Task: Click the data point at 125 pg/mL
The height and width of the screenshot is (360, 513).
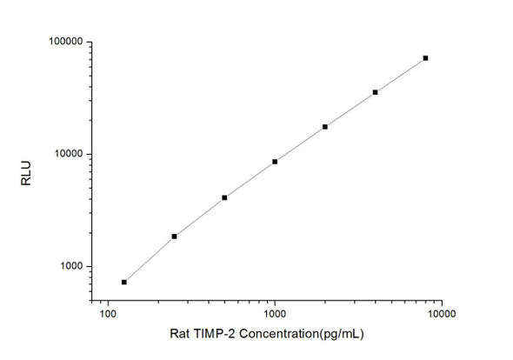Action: (x=124, y=282)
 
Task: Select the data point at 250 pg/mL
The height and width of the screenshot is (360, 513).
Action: (x=174, y=236)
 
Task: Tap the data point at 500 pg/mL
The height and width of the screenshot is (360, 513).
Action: (x=224, y=197)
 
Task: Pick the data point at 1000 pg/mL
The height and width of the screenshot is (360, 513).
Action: (x=275, y=161)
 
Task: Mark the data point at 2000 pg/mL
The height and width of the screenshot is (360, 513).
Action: (x=325, y=126)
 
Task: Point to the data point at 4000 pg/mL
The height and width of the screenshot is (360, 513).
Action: (x=375, y=92)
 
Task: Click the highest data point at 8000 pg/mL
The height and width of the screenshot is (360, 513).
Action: (x=425, y=58)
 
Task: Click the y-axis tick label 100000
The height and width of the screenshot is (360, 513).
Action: (x=64, y=42)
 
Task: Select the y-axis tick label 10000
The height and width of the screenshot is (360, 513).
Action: (x=67, y=154)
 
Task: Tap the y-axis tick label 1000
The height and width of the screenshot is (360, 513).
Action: (x=70, y=266)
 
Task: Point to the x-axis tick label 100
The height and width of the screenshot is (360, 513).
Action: (x=108, y=310)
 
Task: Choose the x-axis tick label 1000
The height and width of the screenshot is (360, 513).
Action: (x=275, y=310)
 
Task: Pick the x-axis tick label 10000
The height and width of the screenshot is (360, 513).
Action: (x=442, y=310)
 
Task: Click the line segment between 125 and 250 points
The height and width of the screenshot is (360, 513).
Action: (x=150, y=258)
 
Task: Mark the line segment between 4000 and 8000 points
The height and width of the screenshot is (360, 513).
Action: (x=400, y=75)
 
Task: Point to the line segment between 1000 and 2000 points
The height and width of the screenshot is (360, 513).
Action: (x=300, y=143)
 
